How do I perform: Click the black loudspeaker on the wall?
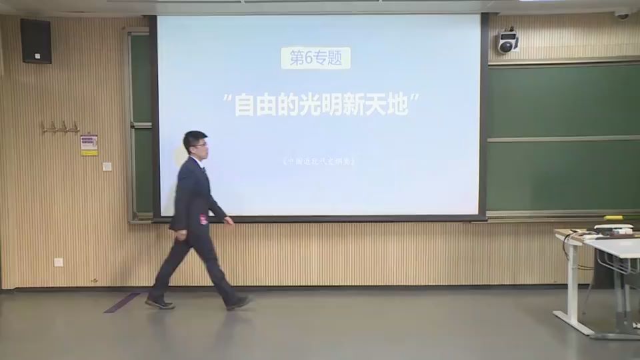click(x=35, y=41)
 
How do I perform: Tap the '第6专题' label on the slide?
click(x=315, y=58)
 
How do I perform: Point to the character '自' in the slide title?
click(x=244, y=104)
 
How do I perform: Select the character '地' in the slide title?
click(x=397, y=104)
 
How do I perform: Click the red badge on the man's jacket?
click(x=203, y=219)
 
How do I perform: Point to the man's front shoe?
click(x=238, y=303)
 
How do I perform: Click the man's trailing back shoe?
click(x=160, y=303)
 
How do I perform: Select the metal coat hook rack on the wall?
click(x=61, y=127)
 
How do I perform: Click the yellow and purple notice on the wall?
click(x=89, y=145)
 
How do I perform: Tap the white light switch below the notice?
click(x=107, y=166)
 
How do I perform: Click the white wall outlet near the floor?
click(x=59, y=262)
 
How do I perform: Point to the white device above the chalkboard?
click(x=508, y=42)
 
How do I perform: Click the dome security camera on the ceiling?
click(x=621, y=13)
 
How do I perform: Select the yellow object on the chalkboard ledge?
click(x=613, y=217)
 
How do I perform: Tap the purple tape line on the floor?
click(x=123, y=303)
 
